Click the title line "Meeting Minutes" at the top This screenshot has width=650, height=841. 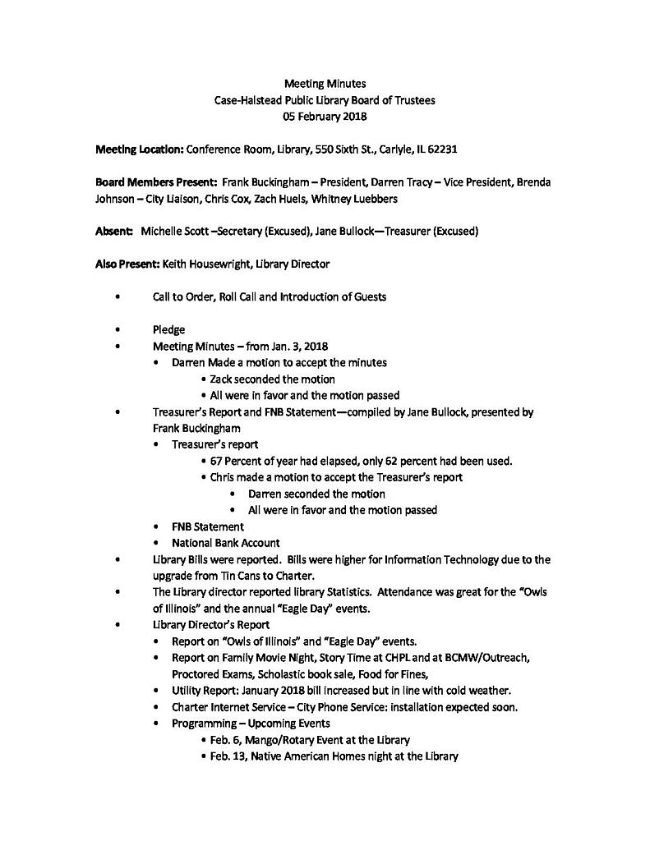(x=325, y=83)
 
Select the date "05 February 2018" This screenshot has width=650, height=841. (x=325, y=117)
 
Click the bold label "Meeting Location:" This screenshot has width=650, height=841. (x=139, y=149)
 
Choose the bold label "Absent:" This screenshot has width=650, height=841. (x=114, y=232)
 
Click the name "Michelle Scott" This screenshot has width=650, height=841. (x=174, y=232)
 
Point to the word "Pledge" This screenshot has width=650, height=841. (x=168, y=329)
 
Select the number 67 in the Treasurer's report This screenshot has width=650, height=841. (x=216, y=461)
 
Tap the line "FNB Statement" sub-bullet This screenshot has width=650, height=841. (x=207, y=526)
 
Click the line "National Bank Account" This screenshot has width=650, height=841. (x=225, y=543)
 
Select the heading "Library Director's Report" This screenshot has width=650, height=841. (x=210, y=625)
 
